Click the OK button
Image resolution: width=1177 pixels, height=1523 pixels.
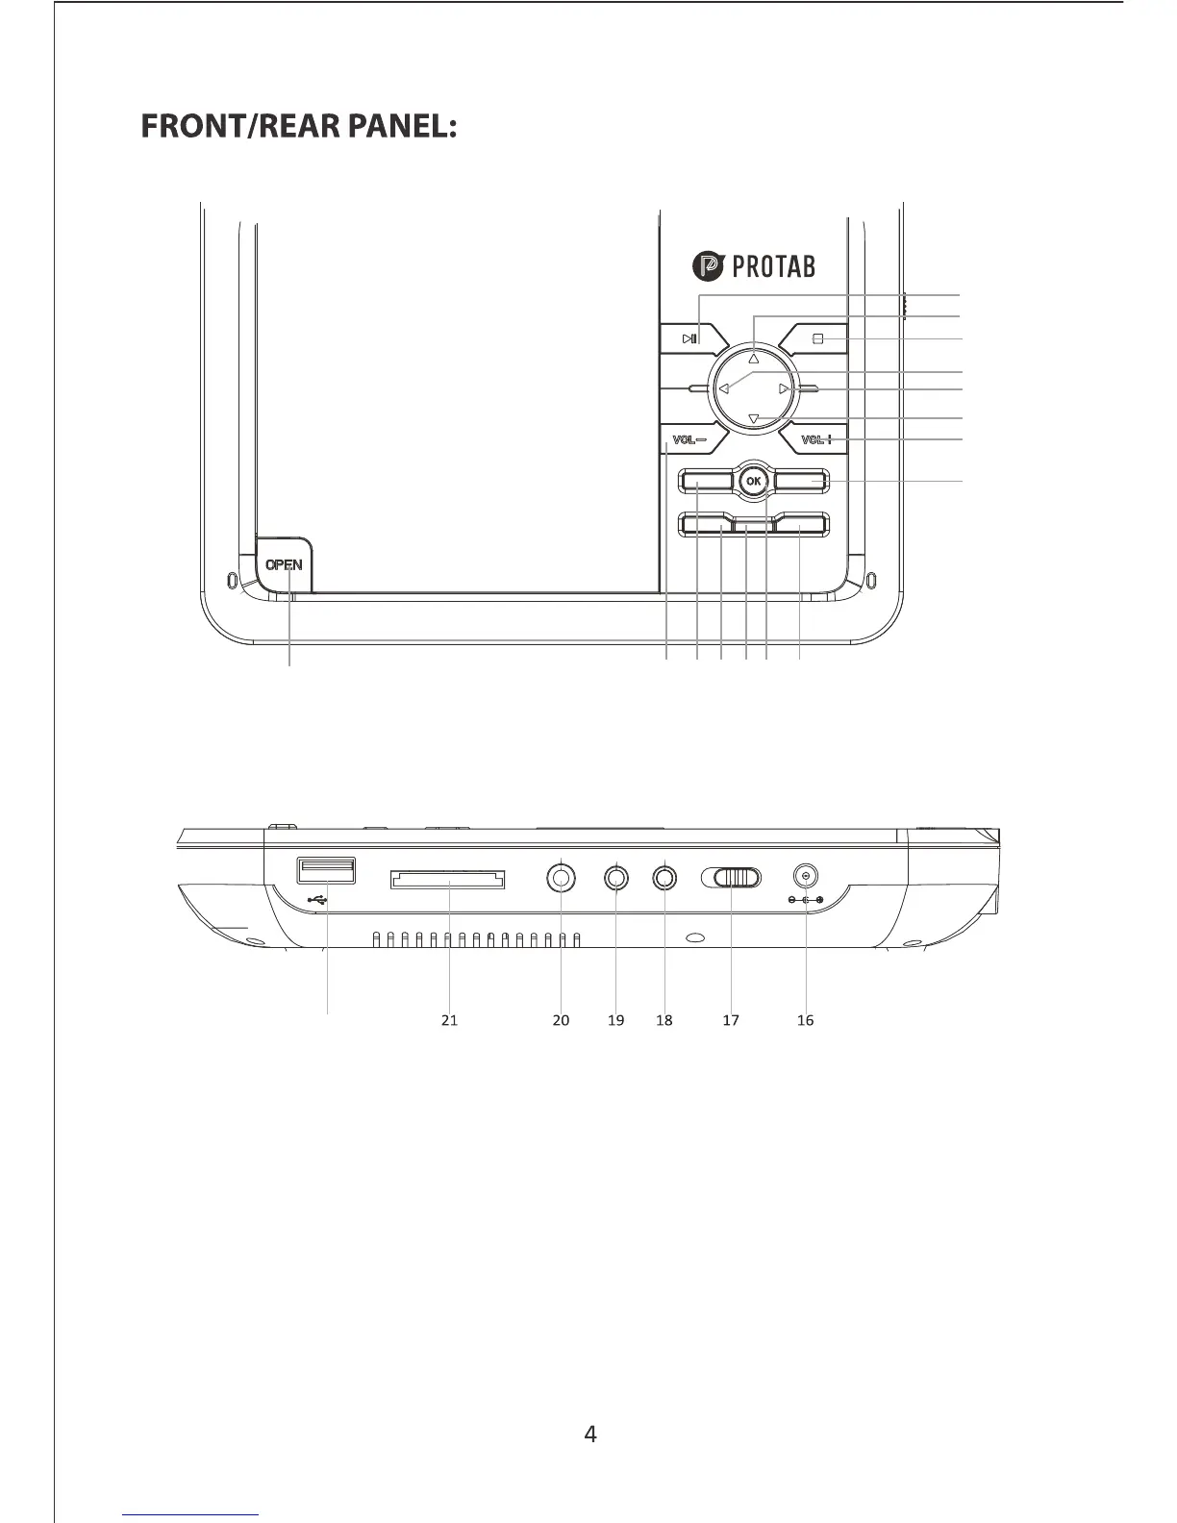pos(754,481)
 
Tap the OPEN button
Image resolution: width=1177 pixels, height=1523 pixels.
pos(284,564)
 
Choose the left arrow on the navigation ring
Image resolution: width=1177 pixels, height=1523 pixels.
pos(723,389)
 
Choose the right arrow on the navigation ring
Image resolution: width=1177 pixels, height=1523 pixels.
pos(785,388)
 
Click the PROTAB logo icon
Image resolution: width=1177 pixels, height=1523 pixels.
pos(709,266)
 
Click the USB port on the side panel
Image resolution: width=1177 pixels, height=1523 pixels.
pos(327,870)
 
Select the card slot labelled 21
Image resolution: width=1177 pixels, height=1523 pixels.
pos(448,879)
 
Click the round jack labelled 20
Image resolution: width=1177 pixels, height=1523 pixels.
pos(562,877)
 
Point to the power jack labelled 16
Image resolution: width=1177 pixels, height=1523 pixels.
pos(805,876)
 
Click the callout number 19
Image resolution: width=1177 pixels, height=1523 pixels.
pos(616,1020)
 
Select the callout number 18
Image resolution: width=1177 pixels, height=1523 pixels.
pos(664,1020)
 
